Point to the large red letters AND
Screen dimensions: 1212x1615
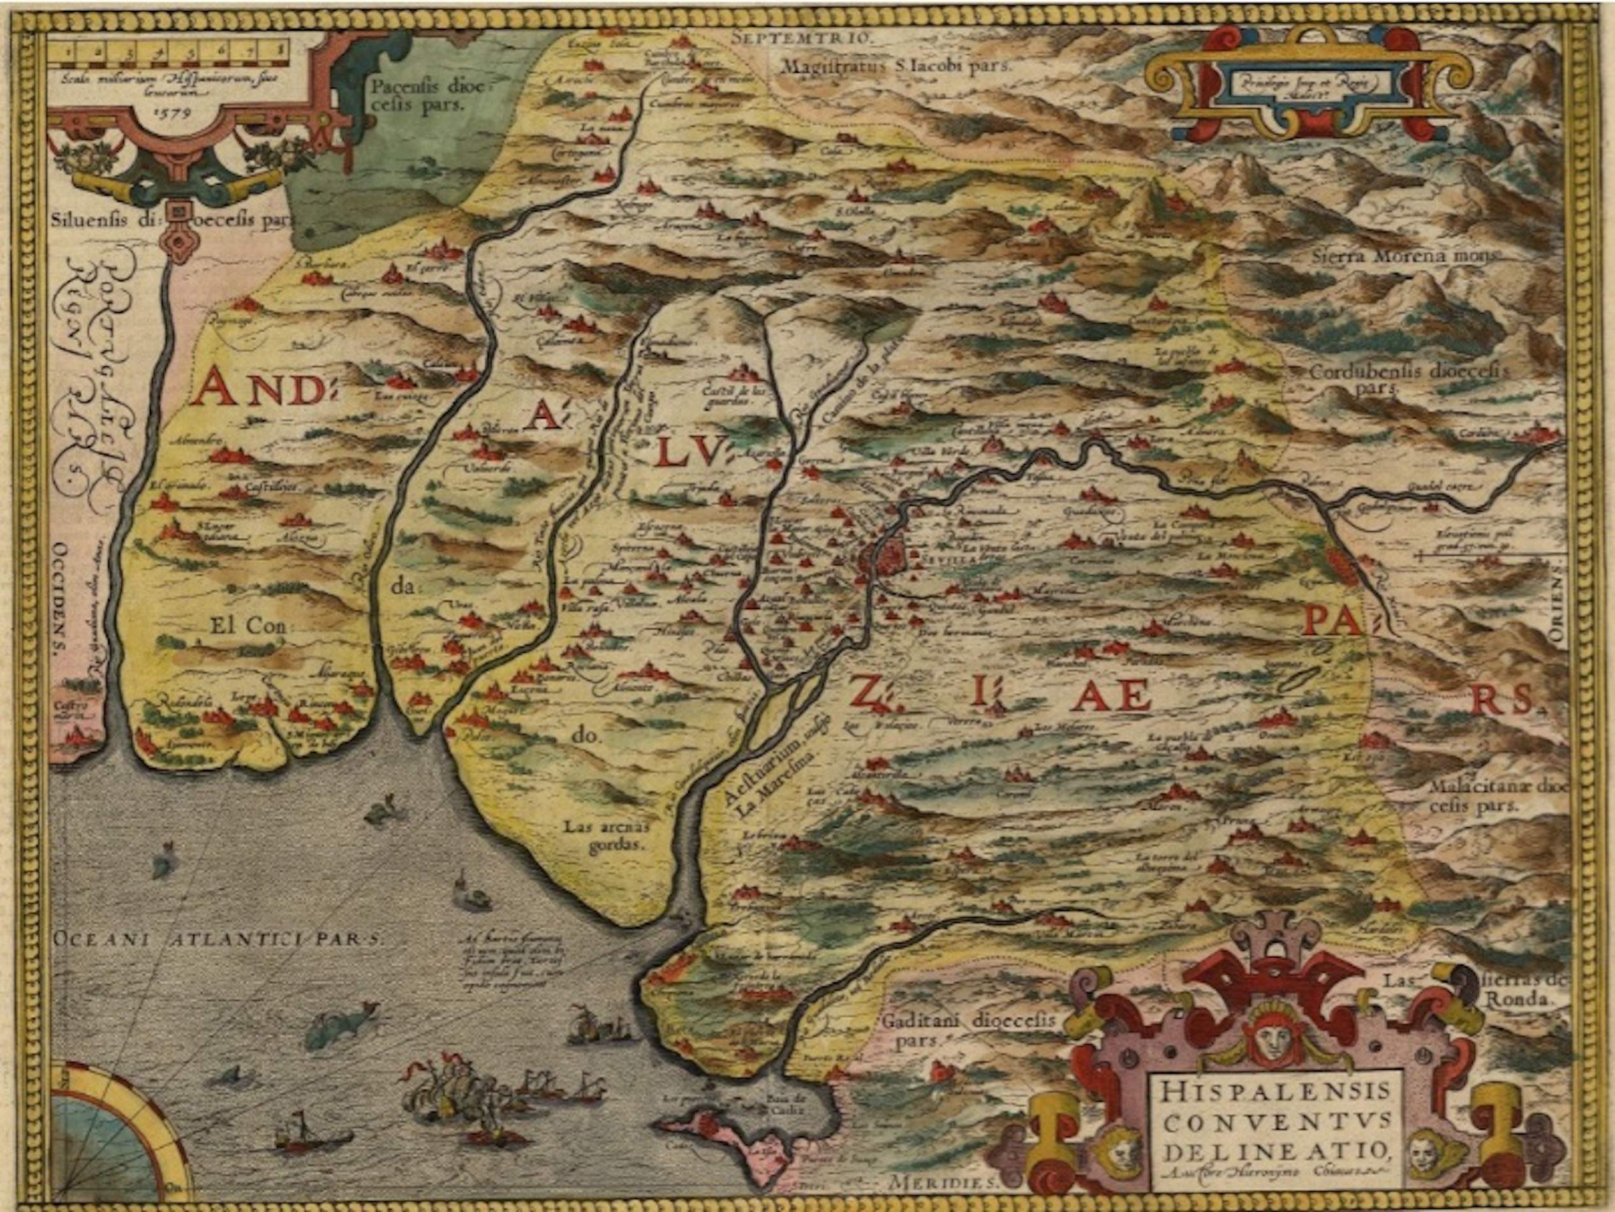[x=259, y=388]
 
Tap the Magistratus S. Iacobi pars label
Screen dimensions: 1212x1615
[x=897, y=66]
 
